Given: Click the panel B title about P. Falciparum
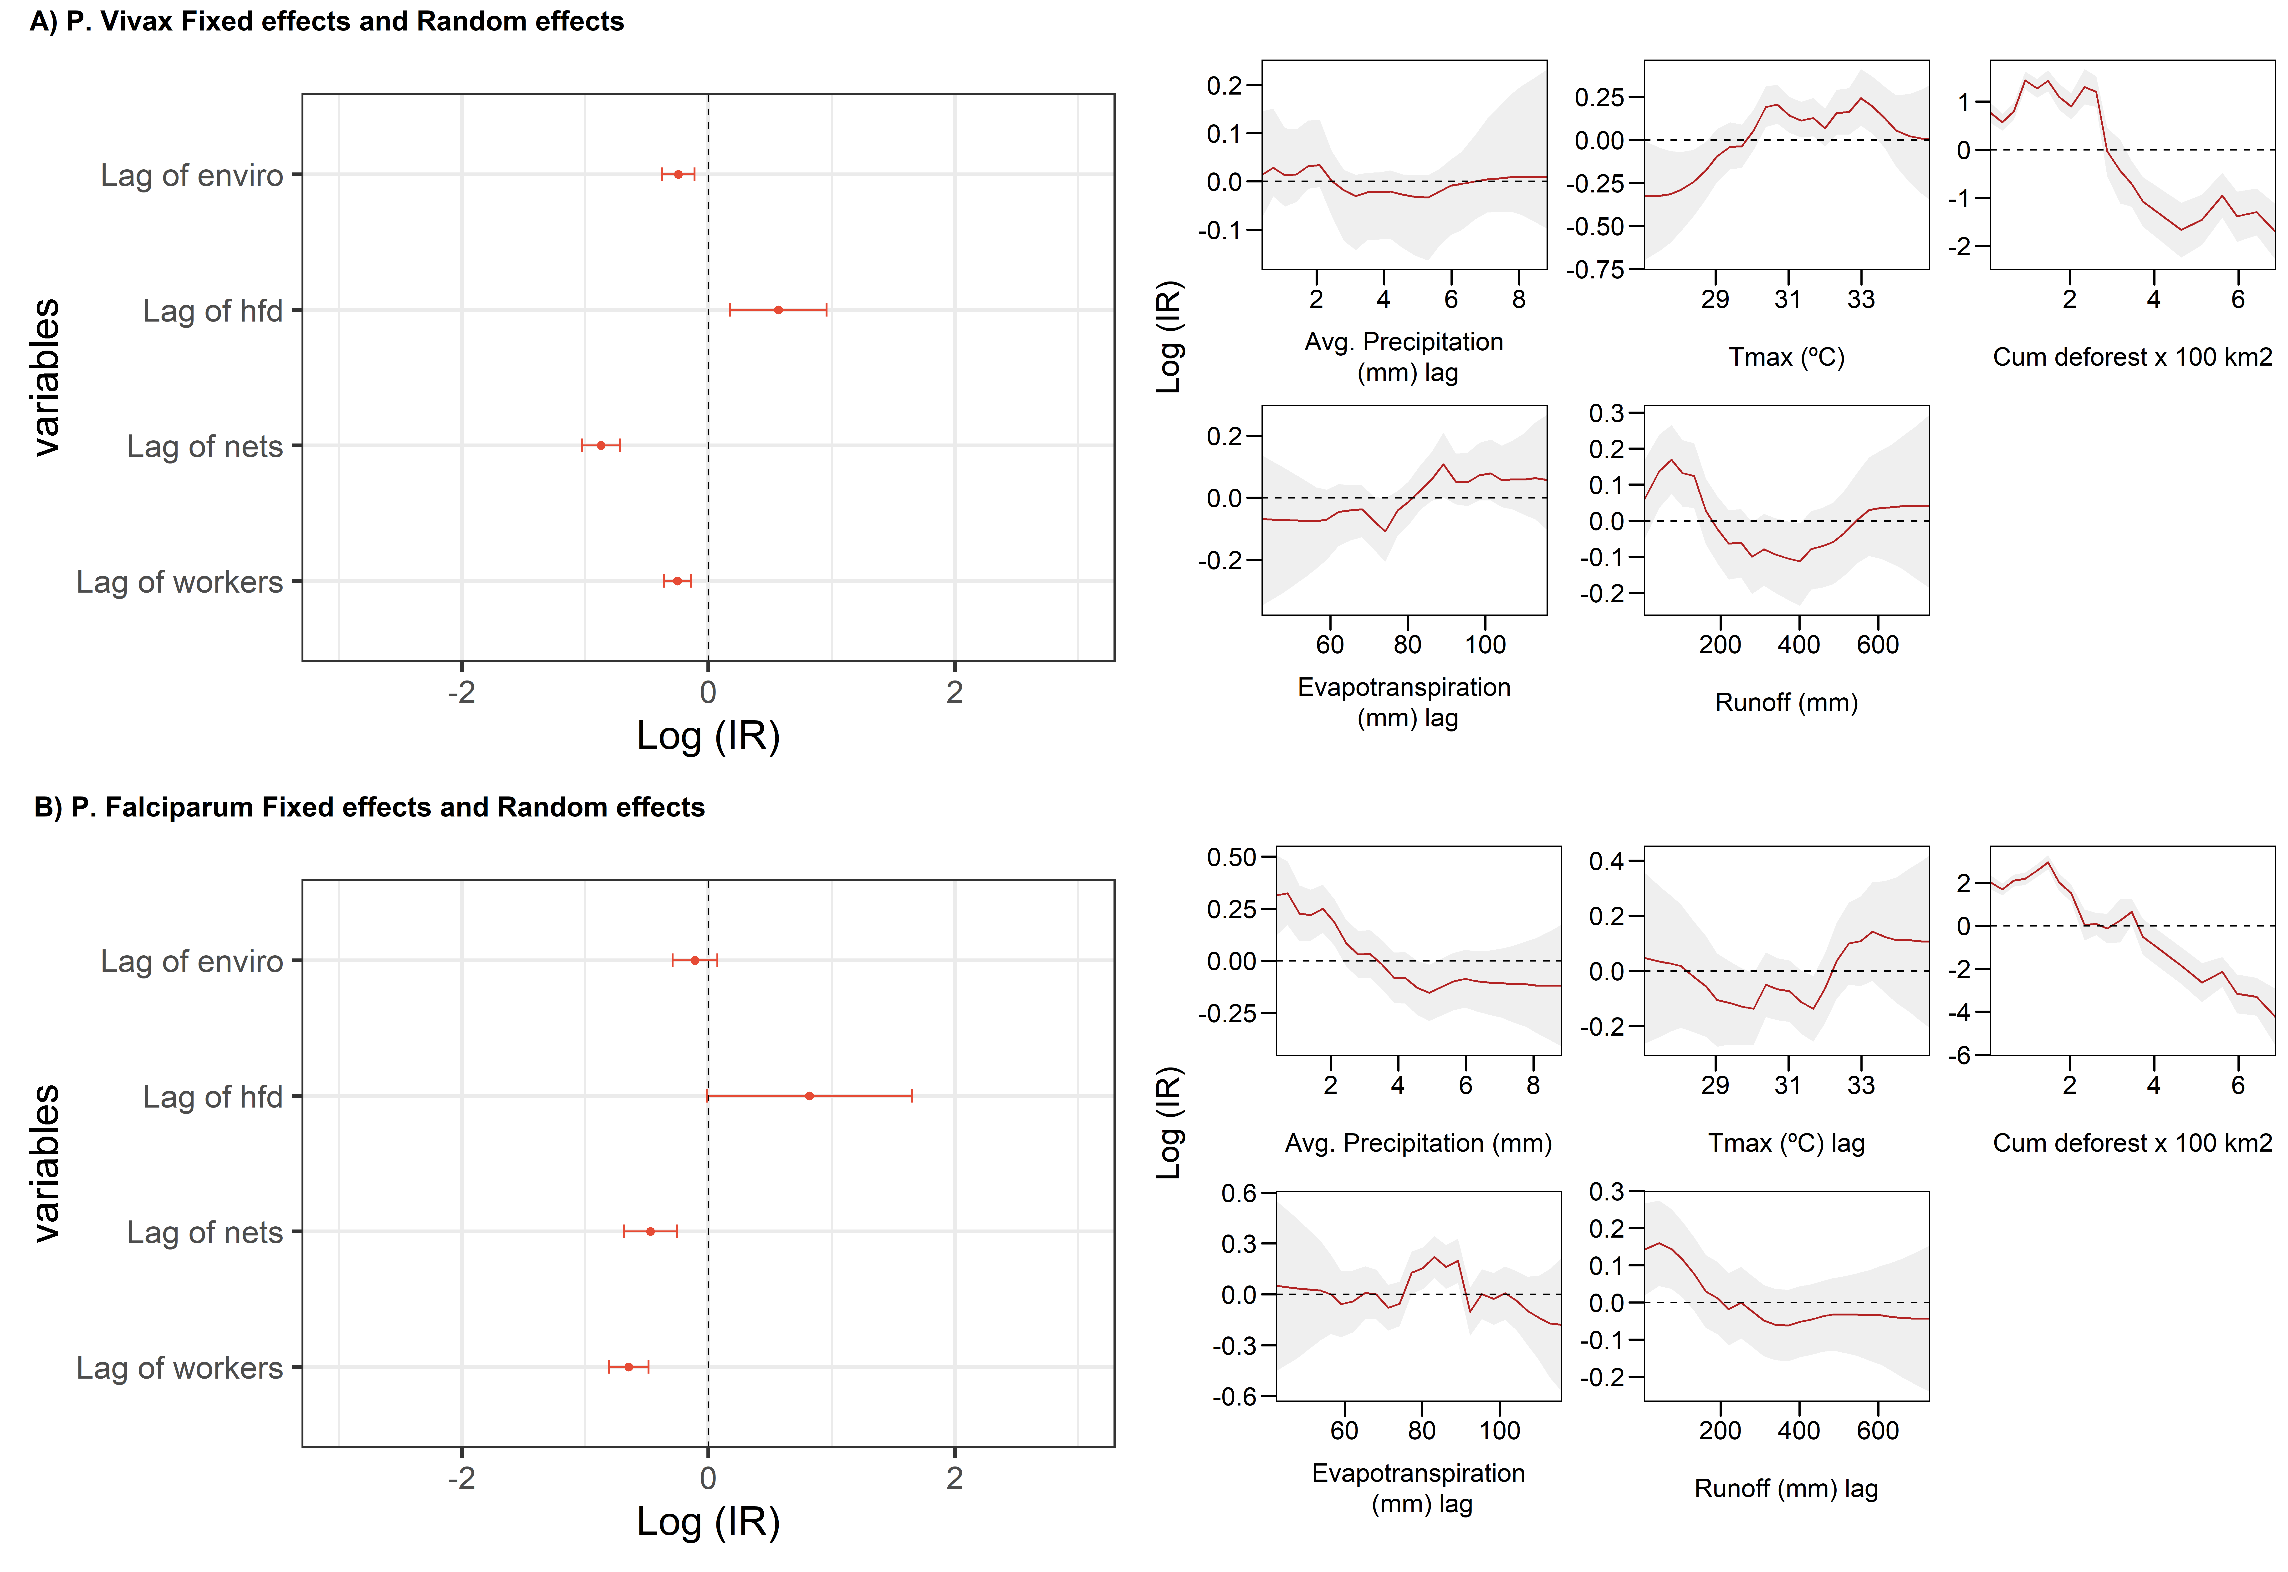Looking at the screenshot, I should click(x=369, y=808).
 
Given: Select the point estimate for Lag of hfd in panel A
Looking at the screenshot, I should click(x=778, y=310).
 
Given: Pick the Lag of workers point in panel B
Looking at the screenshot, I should click(x=629, y=1367).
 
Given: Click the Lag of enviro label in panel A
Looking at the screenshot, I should click(x=192, y=175).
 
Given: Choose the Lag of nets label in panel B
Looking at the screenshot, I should click(x=205, y=1232).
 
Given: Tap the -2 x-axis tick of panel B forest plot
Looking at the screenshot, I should click(x=461, y=1477).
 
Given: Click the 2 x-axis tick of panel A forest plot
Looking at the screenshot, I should click(x=954, y=692).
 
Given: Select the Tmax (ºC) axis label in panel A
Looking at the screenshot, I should click(x=1787, y=357).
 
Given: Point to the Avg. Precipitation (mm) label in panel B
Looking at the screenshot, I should click(x=1418, y=1143).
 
